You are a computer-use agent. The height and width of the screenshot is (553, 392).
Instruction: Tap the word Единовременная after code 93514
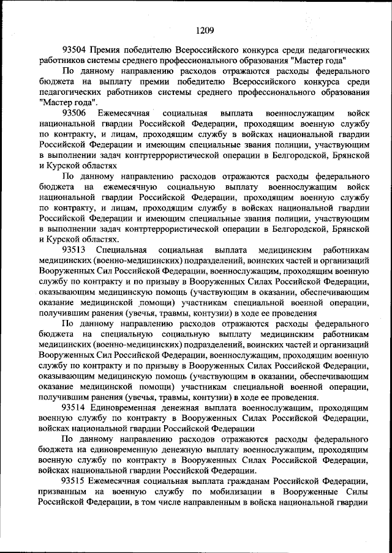(x=129, y=408)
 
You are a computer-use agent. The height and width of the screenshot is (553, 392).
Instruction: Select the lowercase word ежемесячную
(x=132, y=187)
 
